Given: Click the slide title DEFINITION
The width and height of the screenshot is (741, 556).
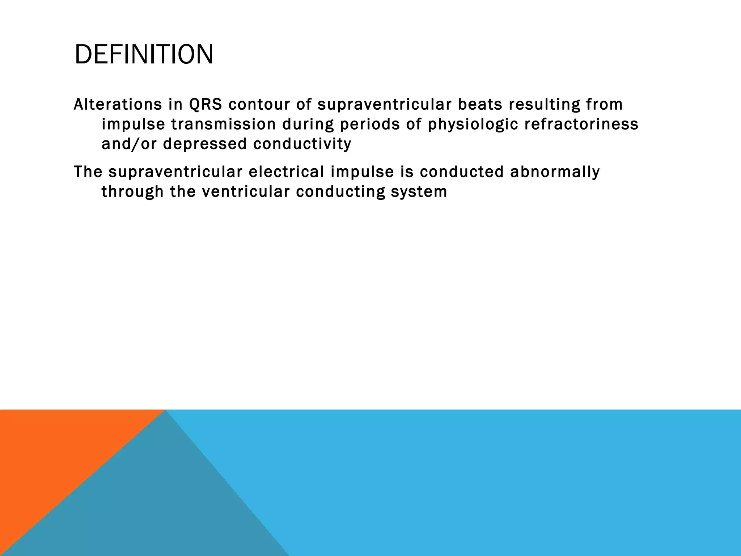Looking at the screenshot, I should [144, 55].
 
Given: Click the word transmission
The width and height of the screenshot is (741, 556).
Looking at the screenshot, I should [223, 124].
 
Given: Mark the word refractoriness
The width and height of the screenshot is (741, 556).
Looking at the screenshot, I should [581, 124].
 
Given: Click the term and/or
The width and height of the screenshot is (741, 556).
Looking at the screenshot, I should [129, 144].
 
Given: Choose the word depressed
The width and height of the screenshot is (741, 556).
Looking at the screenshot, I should [205, 144].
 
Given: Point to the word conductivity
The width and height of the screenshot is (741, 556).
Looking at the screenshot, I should [302, 144].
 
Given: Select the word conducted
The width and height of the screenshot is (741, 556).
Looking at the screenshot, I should [462, 172].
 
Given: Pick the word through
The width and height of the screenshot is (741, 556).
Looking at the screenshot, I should [132, 192].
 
